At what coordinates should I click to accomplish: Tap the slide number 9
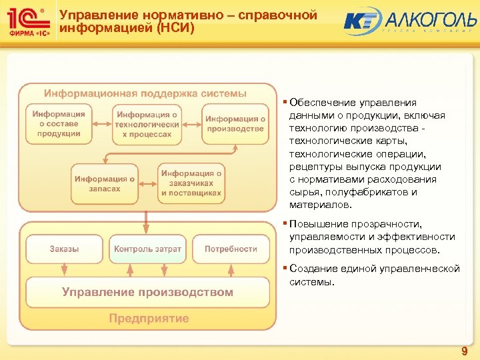464,351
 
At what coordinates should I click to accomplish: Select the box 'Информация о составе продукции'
59,124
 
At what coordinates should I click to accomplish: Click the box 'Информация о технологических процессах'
147,125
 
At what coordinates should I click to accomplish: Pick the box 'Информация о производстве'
235,124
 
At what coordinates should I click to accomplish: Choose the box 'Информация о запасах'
105,184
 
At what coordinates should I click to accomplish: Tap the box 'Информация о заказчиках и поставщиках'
191,183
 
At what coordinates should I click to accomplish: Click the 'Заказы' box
64,249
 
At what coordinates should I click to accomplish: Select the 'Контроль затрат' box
147,249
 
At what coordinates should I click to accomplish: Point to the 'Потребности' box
231,249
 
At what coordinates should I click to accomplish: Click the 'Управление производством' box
147,292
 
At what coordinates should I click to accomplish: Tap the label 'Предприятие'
149,319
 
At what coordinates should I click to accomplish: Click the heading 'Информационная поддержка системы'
145,93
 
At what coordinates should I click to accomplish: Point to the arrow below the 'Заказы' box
64,269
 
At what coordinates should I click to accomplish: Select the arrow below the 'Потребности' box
231,269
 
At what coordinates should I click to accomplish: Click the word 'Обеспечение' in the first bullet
319,103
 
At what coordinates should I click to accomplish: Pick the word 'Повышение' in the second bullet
315,224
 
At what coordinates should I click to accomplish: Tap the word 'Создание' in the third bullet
311,269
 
